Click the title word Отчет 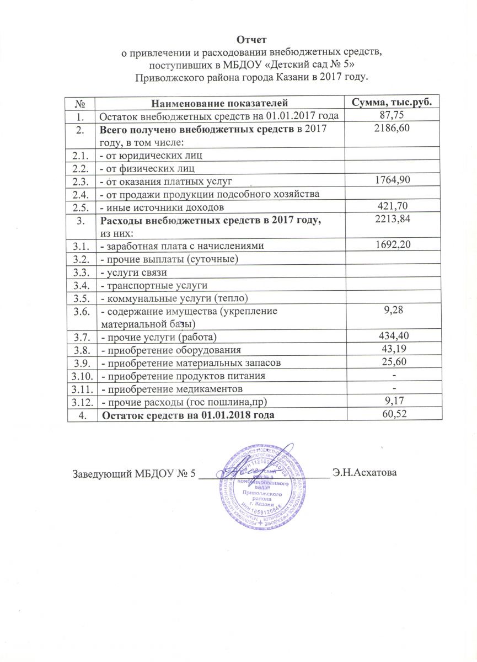(x=251, y=40)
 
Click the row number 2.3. (x=82, y=180)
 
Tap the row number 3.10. (x=82, y=376)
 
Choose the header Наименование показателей (x=219, y=103)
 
